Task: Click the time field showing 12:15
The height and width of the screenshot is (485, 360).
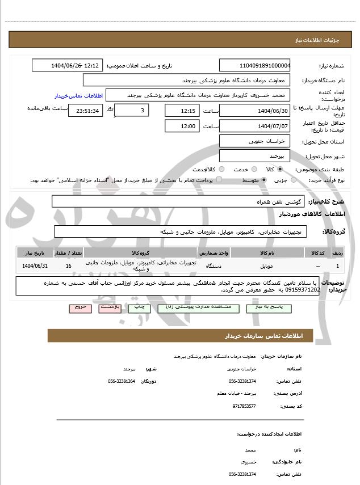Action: tap(183, 110)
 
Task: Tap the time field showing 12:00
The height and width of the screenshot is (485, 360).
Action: tap(183, 126)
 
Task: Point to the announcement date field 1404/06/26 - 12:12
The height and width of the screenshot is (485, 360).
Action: tap(67, 65)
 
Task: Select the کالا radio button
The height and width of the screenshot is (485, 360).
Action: tap(280, 169)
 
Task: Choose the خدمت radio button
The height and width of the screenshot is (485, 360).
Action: tap(253, 169)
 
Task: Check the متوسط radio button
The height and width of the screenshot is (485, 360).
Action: tap(263, 180)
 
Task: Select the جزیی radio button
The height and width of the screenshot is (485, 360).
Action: tap(294, 180)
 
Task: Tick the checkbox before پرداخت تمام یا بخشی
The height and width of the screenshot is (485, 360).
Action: tap(222, 180)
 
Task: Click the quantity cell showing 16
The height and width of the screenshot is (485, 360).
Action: tap(69, 265)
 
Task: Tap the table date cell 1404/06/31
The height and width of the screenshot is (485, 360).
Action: tap(35, 265)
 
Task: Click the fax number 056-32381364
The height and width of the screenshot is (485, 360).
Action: tap(122, 381)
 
